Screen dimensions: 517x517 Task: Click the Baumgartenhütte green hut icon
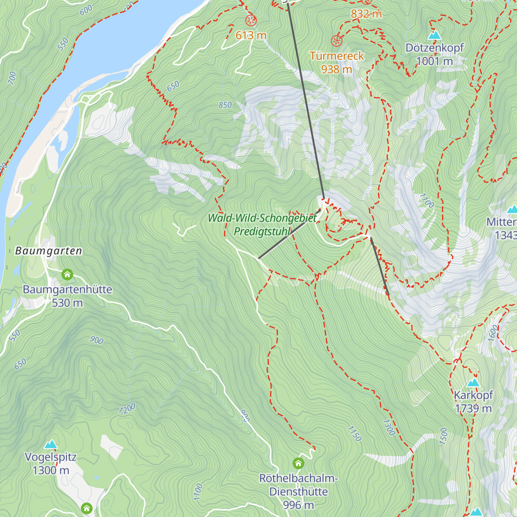[67, 274]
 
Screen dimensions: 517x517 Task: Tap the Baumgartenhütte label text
[67, 290]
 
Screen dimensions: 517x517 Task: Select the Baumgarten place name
[48, 251]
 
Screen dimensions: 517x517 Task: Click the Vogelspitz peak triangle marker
[51, 444]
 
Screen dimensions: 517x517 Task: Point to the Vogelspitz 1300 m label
[51, 464]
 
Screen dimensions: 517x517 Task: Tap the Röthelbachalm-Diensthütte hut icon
[298, 464]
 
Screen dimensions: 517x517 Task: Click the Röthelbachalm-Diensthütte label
[299, 491]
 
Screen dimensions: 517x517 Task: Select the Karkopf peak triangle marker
[473, 383]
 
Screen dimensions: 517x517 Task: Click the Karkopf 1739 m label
[473, 402]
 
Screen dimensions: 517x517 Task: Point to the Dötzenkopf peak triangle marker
[435, 35]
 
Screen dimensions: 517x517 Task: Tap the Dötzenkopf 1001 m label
[434, 54]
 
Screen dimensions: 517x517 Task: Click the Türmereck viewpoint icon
[336, 41]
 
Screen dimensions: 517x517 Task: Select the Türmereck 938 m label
[336, 62]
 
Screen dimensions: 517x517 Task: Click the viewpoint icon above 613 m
[251, 20]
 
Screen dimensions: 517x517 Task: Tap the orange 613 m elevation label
[251, 35]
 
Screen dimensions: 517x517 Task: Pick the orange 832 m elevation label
[366, 14]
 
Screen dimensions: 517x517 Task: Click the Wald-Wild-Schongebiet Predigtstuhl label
[262, 224]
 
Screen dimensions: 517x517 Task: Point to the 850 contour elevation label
[225, 105]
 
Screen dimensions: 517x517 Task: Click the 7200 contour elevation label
[127, 408]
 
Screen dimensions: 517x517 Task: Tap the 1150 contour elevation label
[354, 433]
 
